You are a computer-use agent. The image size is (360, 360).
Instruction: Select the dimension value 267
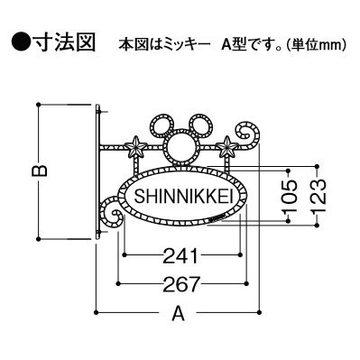click(180, 284)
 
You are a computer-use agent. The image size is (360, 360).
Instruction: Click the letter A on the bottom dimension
click(180, 317)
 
